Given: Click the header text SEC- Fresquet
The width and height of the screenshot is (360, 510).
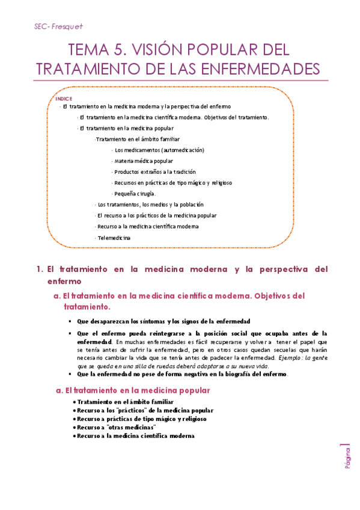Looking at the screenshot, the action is pos(58,26).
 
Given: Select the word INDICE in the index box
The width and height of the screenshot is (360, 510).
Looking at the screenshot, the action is pos(64,99).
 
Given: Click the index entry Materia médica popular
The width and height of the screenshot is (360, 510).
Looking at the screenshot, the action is pos(144,161).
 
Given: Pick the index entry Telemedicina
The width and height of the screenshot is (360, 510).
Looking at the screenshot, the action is pos(114,238).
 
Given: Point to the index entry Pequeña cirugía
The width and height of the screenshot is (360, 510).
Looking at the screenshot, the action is pos(135,194).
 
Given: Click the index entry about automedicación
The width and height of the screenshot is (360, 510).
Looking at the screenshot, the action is pos(159,150).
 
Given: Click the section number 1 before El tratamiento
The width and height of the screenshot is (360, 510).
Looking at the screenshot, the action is pos(38,269).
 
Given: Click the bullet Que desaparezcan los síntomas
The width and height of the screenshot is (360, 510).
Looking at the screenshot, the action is pos(163,321).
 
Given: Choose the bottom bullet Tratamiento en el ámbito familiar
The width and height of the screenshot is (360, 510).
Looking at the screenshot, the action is pos(124,402).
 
